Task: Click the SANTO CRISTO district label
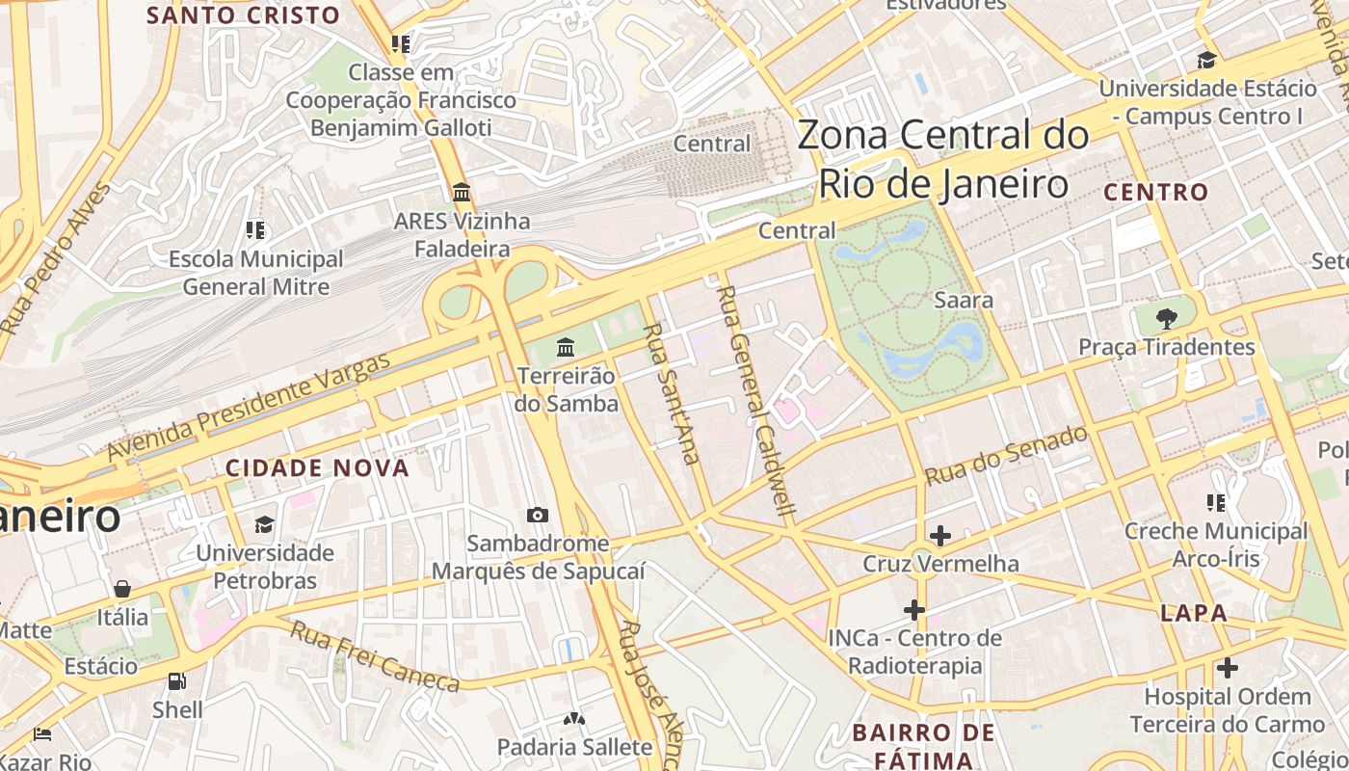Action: click(243, 15)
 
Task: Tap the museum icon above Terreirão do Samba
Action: click(566, 347)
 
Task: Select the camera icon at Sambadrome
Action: click(538, 516)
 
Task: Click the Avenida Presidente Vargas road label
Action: click(249, 406)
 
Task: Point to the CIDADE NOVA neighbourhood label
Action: click(317, 468)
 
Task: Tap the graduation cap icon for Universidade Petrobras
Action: click(264, 524)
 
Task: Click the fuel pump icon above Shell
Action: click(177, 681)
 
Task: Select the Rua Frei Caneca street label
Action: click(375, 656)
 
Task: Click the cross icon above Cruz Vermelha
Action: click(939, 535)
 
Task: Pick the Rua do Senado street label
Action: click(1006, 455)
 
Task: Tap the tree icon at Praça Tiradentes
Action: click(1167, 318)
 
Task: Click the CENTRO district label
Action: click(1155, 192)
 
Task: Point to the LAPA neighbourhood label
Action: click(1194, 613)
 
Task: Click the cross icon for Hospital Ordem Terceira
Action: click(1227, 667)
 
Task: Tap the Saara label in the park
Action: click(964, 300)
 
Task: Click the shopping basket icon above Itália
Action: click(122, 589)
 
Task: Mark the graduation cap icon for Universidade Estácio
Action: click(1206, 60)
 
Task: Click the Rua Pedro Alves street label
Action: click(56, 258)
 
